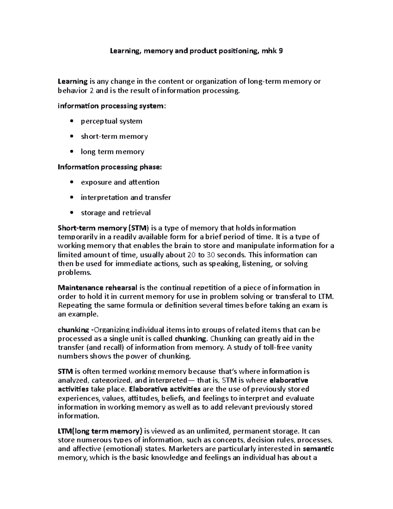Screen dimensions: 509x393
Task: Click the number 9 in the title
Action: tap(281, 51)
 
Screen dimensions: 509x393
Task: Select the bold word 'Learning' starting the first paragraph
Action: tap(72, 82)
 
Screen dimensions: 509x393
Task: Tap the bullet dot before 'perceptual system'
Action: tap(72, 121)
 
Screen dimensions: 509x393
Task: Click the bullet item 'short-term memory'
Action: tap(114, 136)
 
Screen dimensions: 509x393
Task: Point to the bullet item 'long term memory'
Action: tap(112, 152)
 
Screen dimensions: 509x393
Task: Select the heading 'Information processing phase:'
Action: tap(110, 167)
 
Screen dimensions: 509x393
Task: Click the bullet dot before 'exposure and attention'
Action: tap(72, 182)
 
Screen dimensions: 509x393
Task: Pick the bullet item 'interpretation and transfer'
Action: tap(126, 197)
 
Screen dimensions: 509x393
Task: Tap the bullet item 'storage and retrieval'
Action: tap(116, 213)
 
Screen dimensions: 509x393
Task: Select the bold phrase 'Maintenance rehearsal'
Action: tap(98, 288)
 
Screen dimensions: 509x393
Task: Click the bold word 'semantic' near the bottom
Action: tap(318, 449)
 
